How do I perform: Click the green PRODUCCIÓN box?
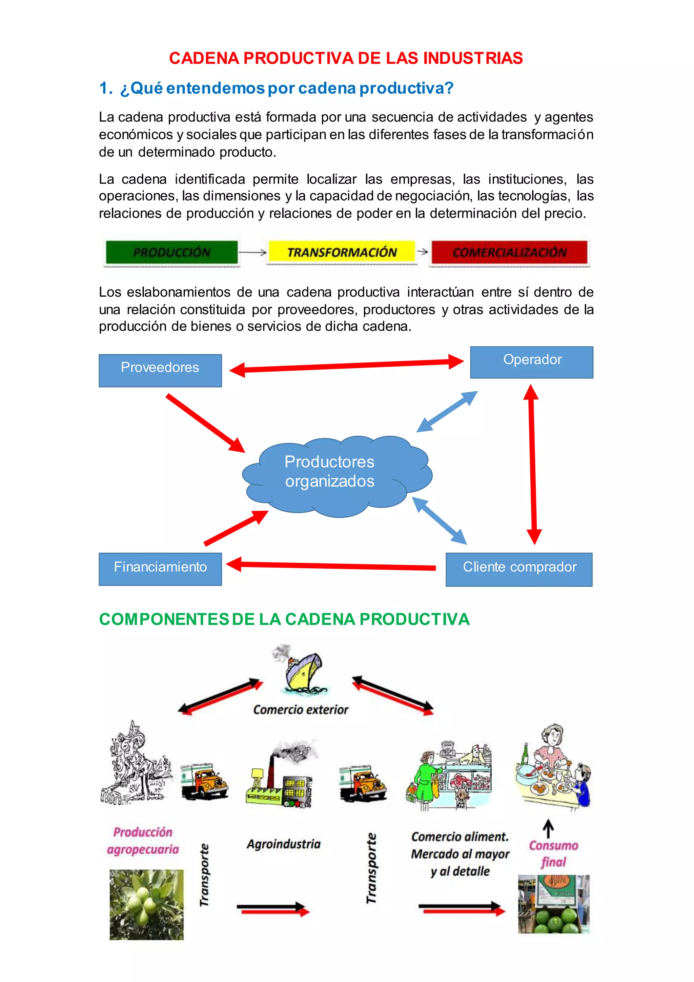coord(172,252)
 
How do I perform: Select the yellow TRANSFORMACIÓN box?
coord(342,252)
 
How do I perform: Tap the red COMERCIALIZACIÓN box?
coord(509,252)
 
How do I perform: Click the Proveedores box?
coord(160,370)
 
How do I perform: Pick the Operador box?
coord(532,362)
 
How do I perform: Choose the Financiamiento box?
coord(160,569)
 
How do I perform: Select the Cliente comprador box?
coord(519,569)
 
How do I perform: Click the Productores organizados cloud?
coord(337,476)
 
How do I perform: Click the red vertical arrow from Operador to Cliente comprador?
coord(532,464)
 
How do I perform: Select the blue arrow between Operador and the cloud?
coord(447,411)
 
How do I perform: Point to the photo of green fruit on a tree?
coord(147,904)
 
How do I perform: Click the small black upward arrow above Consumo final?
coord(548,828)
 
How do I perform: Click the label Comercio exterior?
coord(301,710)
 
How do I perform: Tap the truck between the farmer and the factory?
coord(204,781)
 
